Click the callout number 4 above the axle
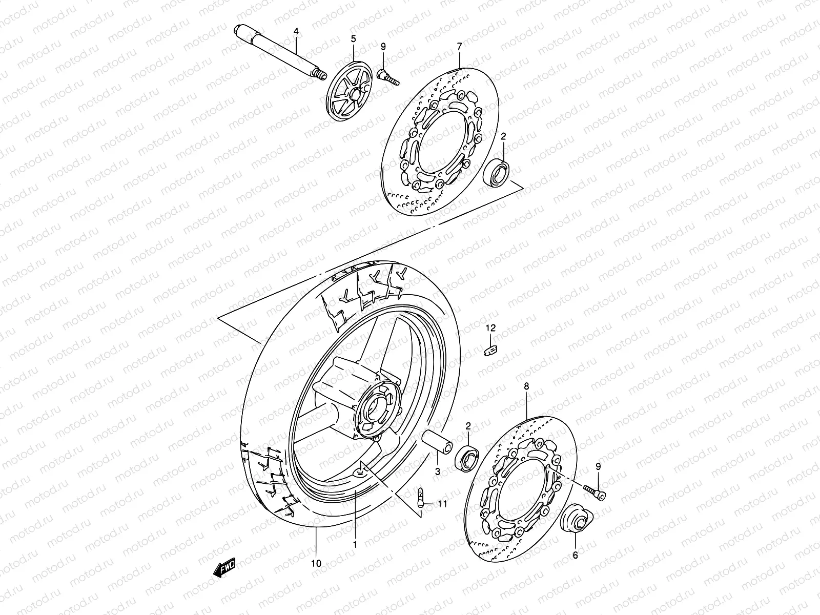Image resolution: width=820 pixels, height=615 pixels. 296,32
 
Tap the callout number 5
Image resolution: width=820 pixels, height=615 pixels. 353,38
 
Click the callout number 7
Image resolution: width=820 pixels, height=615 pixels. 459,47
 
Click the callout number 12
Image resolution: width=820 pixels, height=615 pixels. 491,327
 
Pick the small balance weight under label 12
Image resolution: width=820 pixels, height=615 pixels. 491,351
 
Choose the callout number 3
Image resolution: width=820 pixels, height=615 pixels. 438,471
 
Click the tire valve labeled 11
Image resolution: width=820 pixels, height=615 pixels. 420,497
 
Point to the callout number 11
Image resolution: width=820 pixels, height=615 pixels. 442,504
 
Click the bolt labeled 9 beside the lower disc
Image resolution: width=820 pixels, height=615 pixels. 594,490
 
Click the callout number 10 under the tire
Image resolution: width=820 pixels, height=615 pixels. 316,563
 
